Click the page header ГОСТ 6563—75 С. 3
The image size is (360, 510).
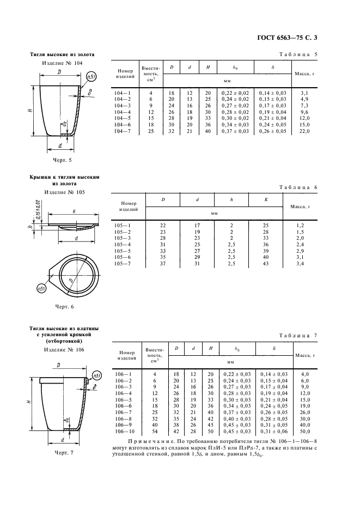click(x=287, y=38)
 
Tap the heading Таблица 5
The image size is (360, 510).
click(x=298, y=54)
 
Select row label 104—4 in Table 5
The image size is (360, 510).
click(x=123, y=112)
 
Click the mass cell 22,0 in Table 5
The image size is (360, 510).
click(x=304, y=131)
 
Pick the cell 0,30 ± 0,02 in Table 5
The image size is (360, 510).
click(x=235, y=118)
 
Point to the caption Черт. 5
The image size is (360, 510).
click(x=62, y=160)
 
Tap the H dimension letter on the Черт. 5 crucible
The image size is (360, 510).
click(x=29, y=110)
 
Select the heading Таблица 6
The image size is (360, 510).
click(x=298, y=187)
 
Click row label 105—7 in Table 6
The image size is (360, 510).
click(x=123, y=264)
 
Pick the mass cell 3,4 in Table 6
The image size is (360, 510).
click(x=300, y=264)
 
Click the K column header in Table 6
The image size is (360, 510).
click(x=266, y=199)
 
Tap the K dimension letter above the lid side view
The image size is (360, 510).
click(x=74, y=211)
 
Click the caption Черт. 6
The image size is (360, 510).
click(x=63, y=306)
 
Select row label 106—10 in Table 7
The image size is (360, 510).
click(x=124, y=432)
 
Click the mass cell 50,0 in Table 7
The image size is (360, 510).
click(x=305, y=432)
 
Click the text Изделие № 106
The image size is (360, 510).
click(x=64, y=350)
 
